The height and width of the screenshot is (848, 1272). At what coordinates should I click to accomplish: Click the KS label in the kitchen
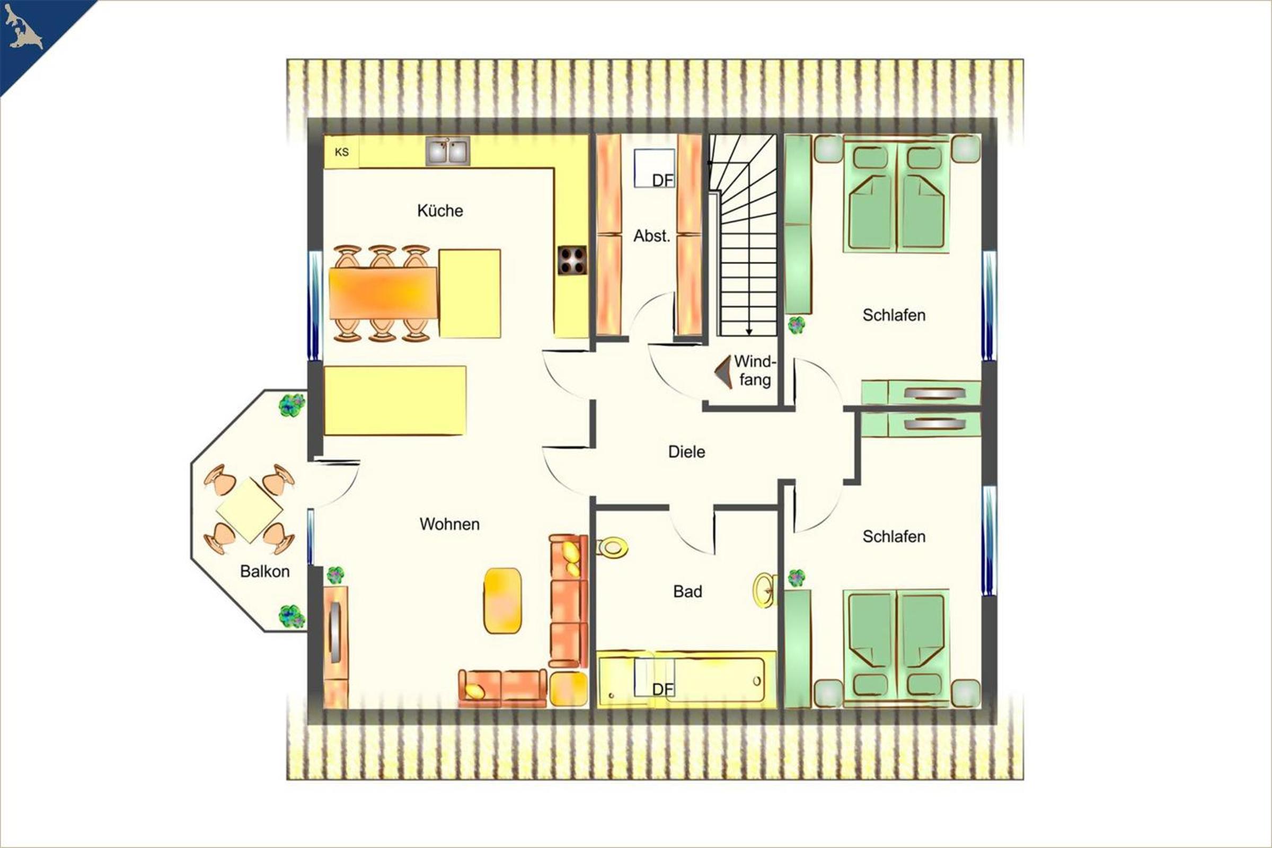(x=342, y=152)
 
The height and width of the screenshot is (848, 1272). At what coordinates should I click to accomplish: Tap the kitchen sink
(x=448, y=151)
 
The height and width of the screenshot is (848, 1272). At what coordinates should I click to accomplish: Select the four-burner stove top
(x=573, y=261)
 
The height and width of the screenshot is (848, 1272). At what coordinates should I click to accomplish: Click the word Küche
(x=440, y=210)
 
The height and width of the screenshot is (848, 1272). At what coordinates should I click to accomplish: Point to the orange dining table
(x=383, y=293)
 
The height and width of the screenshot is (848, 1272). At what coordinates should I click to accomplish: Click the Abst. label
(x=652, y=236)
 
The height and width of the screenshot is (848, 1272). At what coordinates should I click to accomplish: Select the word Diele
(x=687, y=452)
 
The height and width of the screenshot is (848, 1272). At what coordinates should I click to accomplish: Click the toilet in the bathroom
(x=613, y=547)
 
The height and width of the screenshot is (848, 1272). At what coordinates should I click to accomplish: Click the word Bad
(x=687, y=591)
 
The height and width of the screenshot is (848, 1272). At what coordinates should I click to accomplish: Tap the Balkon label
(x=265, y=571)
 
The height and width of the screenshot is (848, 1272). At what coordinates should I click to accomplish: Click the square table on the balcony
(x=249, y=510)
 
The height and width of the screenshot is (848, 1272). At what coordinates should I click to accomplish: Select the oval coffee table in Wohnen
(x=502, y=600)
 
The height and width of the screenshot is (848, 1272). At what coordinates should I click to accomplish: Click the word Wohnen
(x=449, y=524)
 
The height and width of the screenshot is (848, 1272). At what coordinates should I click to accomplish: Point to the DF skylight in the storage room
(x=655, y=168)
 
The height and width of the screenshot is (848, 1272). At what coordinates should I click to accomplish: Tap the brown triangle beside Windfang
(x=723, y=372)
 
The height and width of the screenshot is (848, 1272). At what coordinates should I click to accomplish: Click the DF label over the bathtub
(x=663, y=689)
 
